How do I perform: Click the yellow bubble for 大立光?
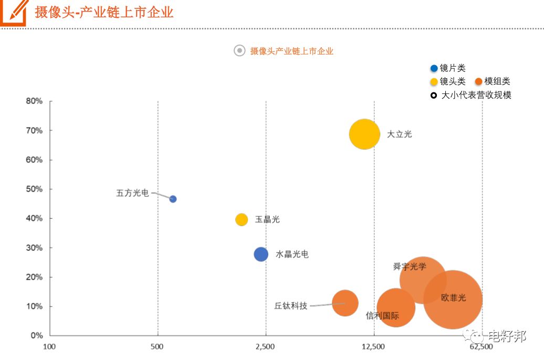click(364, 134)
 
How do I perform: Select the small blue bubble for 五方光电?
click(173, 199)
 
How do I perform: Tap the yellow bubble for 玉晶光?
click(242, 220)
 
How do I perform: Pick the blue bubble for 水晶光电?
click(261, 254)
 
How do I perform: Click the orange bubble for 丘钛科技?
click(345, 303)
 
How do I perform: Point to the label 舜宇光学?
click(410, 267)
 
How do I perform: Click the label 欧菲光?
click(454, 298)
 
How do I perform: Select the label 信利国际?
click(382, 316)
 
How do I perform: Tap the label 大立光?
click(400, 134)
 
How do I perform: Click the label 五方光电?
click(132, 193)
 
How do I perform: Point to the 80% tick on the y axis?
click(34, 101)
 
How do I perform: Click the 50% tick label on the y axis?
click(34, 189)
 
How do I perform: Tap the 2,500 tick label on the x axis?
click(265, 346)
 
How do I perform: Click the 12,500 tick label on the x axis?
click(373, 346)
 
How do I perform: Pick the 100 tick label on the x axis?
click(49, 346)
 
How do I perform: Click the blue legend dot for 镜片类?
click(434, 68)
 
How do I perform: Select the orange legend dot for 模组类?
click(478, 81)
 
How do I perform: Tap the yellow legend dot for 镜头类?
click(434, 81)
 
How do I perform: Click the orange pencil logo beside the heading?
click(14, 12)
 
